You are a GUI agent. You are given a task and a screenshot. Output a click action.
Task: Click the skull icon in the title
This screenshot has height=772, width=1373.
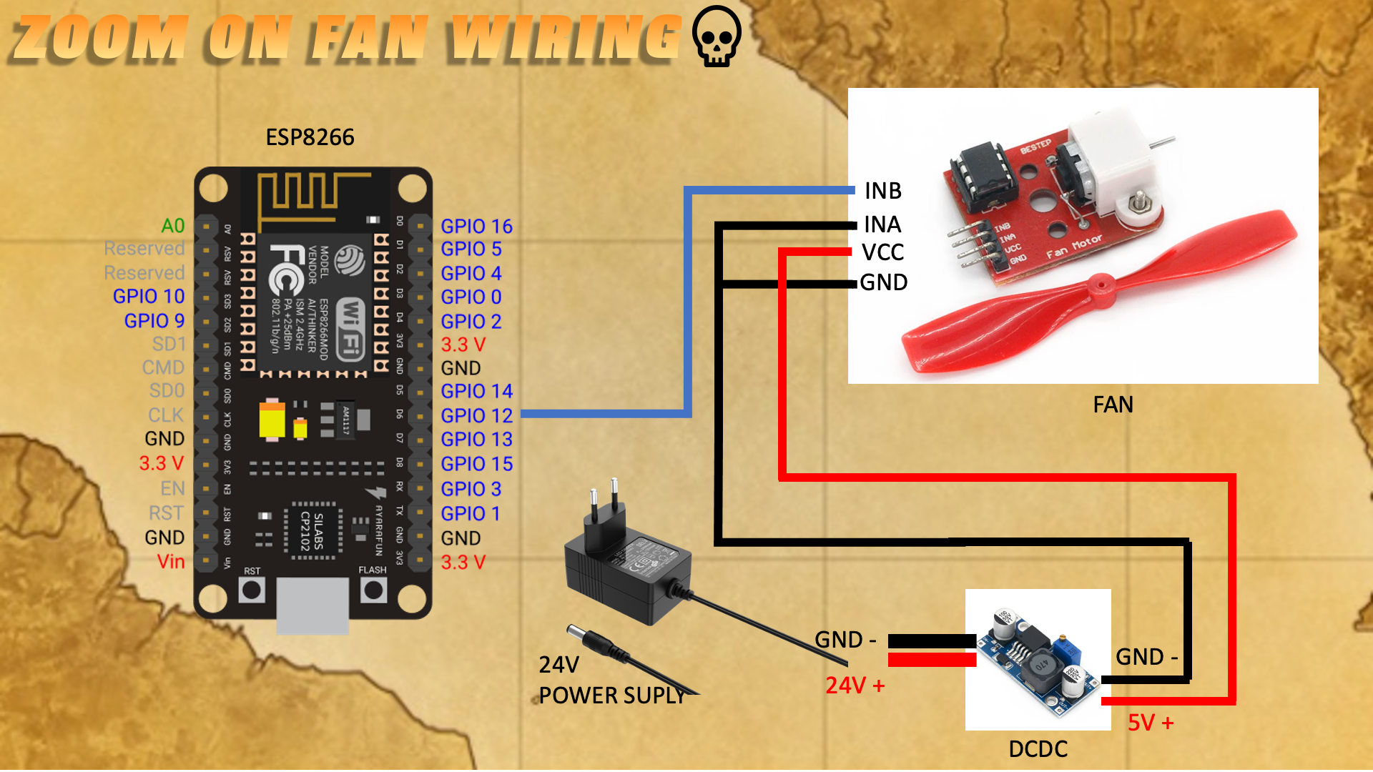[x=717, y=36]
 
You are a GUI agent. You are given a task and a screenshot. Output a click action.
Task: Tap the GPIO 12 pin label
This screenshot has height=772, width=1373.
[x=476, y=415]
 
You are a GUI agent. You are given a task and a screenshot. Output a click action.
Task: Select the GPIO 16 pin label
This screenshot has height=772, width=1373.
[x=476, y=226]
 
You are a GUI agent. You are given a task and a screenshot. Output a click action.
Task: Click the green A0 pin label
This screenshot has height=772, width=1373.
[x=173, y=226]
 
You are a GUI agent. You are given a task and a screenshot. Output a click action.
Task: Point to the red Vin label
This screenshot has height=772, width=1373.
[x=171, y=561]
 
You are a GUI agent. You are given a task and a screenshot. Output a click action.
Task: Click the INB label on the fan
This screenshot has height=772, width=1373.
[x=883, y=191]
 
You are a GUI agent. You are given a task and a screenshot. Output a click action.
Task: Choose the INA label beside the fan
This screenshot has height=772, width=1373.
[x=882, y=224]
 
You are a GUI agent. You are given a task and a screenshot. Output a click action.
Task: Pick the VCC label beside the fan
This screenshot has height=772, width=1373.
[x=883, y=252]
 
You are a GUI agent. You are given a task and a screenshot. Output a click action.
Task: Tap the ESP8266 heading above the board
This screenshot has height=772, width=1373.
[x=310, y=137]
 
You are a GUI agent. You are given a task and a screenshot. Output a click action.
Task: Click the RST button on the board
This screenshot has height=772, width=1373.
[x=252, y=590]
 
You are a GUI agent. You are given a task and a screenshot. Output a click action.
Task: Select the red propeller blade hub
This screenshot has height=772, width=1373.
[x=1100, y=290]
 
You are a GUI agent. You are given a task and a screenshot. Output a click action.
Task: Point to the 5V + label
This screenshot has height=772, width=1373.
[x=1151, y=723]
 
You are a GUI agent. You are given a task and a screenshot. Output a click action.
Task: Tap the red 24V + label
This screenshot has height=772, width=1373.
[x=855, y=686]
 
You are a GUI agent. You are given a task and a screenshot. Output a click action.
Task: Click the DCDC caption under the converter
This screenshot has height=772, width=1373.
[x=1038, y=748]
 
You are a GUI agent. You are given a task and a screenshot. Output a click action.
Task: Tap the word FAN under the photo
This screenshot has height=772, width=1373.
[x=1113, y=405]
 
